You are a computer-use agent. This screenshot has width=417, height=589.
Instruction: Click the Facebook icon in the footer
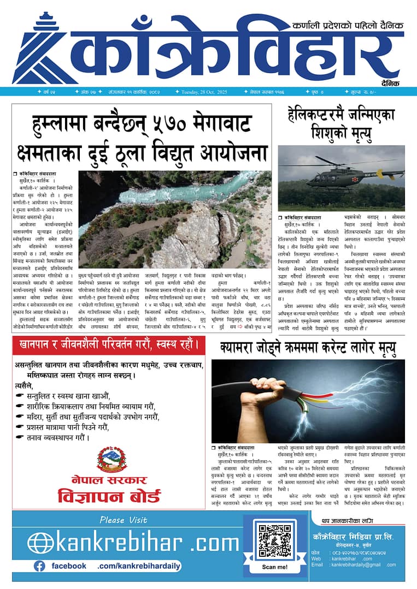pos(39,566)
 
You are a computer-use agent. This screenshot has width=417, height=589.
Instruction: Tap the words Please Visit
pos(124,520)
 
